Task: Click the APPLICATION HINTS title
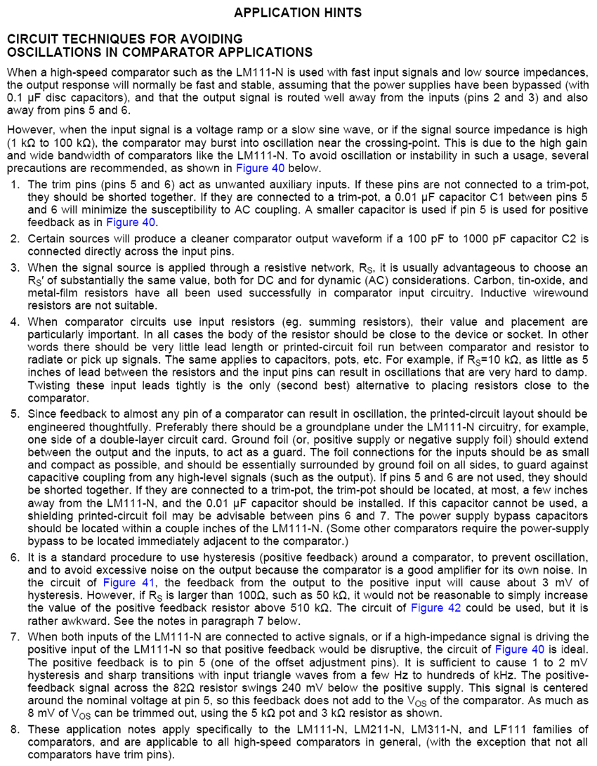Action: [x=298, y=13]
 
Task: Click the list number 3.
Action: [x=15, y=268]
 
